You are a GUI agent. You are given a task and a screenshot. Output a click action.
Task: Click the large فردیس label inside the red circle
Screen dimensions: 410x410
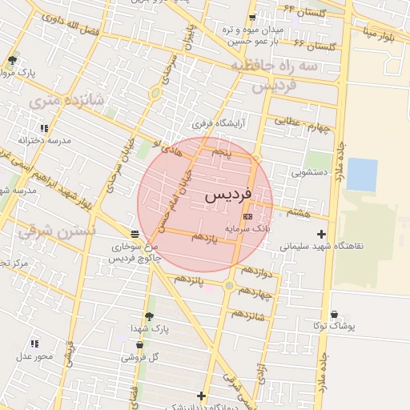[228, 195]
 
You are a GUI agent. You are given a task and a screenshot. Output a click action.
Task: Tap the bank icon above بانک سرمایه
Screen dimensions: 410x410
[247, 216]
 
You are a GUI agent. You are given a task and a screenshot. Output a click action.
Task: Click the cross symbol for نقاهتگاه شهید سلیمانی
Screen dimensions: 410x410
[322, 235]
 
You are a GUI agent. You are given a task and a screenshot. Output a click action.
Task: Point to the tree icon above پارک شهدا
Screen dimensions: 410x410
[149, 316]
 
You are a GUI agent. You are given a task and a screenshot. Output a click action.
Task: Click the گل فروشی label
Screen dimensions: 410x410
[139, 357]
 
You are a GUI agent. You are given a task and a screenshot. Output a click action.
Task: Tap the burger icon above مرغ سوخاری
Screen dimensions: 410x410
[134, 234]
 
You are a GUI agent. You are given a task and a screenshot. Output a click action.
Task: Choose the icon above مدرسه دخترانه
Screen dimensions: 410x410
[44, 128]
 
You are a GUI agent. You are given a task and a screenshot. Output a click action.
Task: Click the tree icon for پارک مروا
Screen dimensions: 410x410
[11, 60]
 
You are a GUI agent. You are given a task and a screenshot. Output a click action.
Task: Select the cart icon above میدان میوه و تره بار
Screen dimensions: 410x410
[253, 18]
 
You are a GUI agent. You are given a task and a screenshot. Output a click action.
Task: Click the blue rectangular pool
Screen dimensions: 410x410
[362, 175]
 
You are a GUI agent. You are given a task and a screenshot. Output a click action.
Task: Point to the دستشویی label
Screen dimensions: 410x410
[309, 171]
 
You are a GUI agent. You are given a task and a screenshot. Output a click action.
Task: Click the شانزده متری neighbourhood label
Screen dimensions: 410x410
[55, 101]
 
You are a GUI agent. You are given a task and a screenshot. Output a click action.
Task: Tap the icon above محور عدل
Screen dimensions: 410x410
[34, 344]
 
